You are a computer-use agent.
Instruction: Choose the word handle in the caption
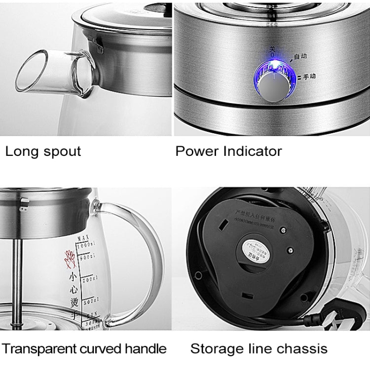[143, 349]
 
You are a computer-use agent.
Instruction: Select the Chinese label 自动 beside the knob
[300, 57]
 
